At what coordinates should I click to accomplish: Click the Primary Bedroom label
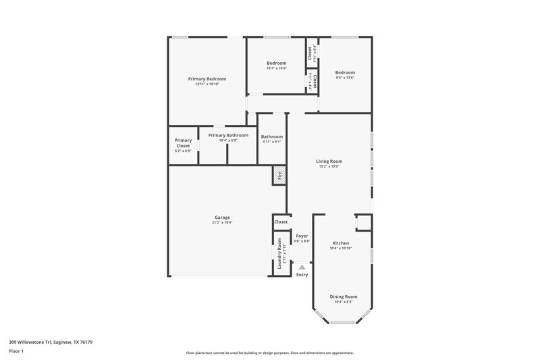[207, 79]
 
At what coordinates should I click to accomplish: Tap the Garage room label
[222, 217]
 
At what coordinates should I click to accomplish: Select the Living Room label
[329, 161]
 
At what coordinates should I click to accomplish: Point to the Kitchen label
[341, 242]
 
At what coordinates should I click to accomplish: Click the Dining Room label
[344, 297]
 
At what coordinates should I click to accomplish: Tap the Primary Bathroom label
[228, 135]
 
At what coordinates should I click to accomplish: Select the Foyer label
[302, 236]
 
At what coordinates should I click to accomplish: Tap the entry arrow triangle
[302, 267]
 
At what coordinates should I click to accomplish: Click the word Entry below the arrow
[302, 275]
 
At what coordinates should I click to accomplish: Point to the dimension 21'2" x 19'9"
[222, 222]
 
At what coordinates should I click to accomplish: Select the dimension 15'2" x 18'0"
[329, 166]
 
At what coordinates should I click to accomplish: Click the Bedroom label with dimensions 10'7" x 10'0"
[277, 63]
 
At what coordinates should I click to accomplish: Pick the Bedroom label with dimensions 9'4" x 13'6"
[345, 72]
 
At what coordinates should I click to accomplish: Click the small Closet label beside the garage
[281, 222]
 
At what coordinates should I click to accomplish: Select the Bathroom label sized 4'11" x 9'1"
[272, 136]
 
